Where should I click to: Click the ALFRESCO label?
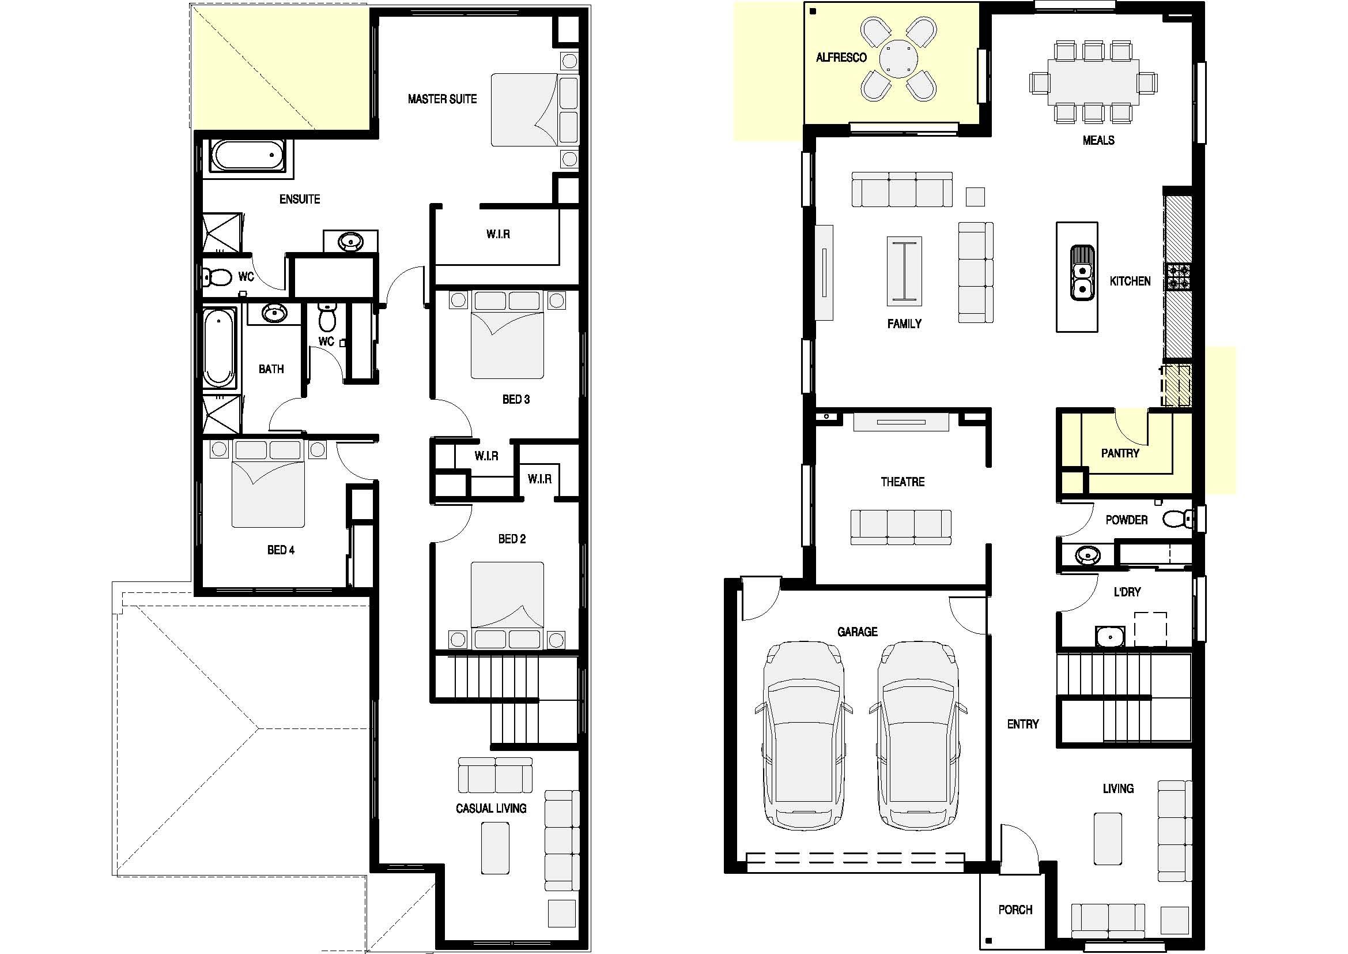[841, 58]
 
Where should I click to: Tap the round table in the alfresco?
[898, 58]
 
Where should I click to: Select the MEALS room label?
[1098, 140]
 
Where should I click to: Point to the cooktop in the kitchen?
[1179, 277]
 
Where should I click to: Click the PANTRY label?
[1120, 453]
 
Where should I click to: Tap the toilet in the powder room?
[1177, 519]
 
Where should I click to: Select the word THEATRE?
[903, 482]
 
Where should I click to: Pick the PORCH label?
[1015, 910]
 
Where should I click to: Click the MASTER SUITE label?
[442, 99]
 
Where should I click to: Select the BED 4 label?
[281, 550]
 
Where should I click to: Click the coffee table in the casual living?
[496, 848]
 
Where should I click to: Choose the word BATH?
[271, 370]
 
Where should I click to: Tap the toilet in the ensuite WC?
[217, 277]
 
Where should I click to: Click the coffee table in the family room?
[904, 272]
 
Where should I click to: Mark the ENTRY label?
[1023, 724]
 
